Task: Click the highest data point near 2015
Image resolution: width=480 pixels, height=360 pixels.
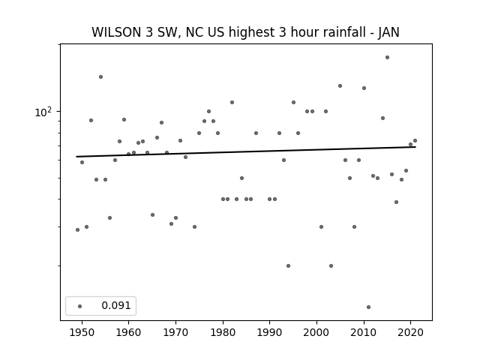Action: (x=387, y=57)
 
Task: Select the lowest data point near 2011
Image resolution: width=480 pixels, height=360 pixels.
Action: (x=368, y=307)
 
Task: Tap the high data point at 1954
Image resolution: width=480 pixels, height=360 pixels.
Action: (x=100, y=76)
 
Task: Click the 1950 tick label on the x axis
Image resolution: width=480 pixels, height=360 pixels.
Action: (x=82, y=332)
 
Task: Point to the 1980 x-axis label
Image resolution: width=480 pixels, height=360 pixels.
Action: (x=223, y=332)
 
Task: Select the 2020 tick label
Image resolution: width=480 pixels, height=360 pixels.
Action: (x=411, y=332)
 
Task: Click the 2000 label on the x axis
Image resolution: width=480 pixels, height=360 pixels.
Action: (x=316, y=332)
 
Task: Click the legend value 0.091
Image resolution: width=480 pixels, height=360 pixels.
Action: (x=116, y=305)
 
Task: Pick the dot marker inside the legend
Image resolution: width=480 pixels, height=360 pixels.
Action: (x=80, y=306)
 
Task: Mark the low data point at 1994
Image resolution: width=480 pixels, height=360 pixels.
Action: (x=288, y=265)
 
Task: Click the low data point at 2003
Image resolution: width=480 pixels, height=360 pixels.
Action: (x=331, y=265)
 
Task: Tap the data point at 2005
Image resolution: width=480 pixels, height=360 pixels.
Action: (x=340, y=86)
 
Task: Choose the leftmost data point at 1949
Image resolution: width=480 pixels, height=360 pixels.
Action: (x=77, y=230)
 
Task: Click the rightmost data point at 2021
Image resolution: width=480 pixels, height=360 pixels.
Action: (x=415, y=141)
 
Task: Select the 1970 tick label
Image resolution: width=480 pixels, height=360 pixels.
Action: (x=175, y=332)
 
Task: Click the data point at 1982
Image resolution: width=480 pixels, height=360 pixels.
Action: (x=232, y=102)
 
